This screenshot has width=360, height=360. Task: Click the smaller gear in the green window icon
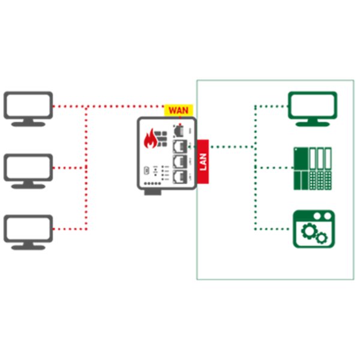[x=322, y=238]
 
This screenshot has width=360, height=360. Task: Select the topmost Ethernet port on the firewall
[x=179, y=130]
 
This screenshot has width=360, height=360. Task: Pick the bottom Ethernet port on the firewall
[x=179, y=176]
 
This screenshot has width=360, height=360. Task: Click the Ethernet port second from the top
[x=179, y=145]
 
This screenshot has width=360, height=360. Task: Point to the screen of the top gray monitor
[x=28, y=104]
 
